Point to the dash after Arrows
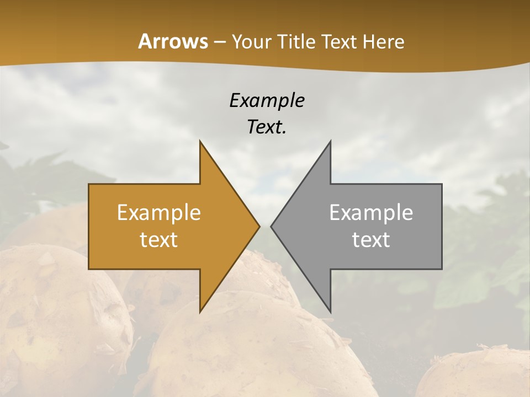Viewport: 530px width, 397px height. click(x=219, y=42)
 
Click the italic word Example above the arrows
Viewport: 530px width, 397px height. click(x=267, y=100)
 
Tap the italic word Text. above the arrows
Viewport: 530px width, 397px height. click(x=267, y=127)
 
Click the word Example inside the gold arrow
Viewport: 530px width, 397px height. click(x=158, y=212)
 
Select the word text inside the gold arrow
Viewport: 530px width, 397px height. click(x=158, y=240)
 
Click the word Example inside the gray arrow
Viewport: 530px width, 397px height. click(x=371, y=212)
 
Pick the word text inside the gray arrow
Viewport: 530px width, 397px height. click(x=371, y=240)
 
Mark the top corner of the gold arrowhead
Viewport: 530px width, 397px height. click(x=200, y=142)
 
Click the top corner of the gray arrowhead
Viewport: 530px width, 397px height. click(x=330, y=142)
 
